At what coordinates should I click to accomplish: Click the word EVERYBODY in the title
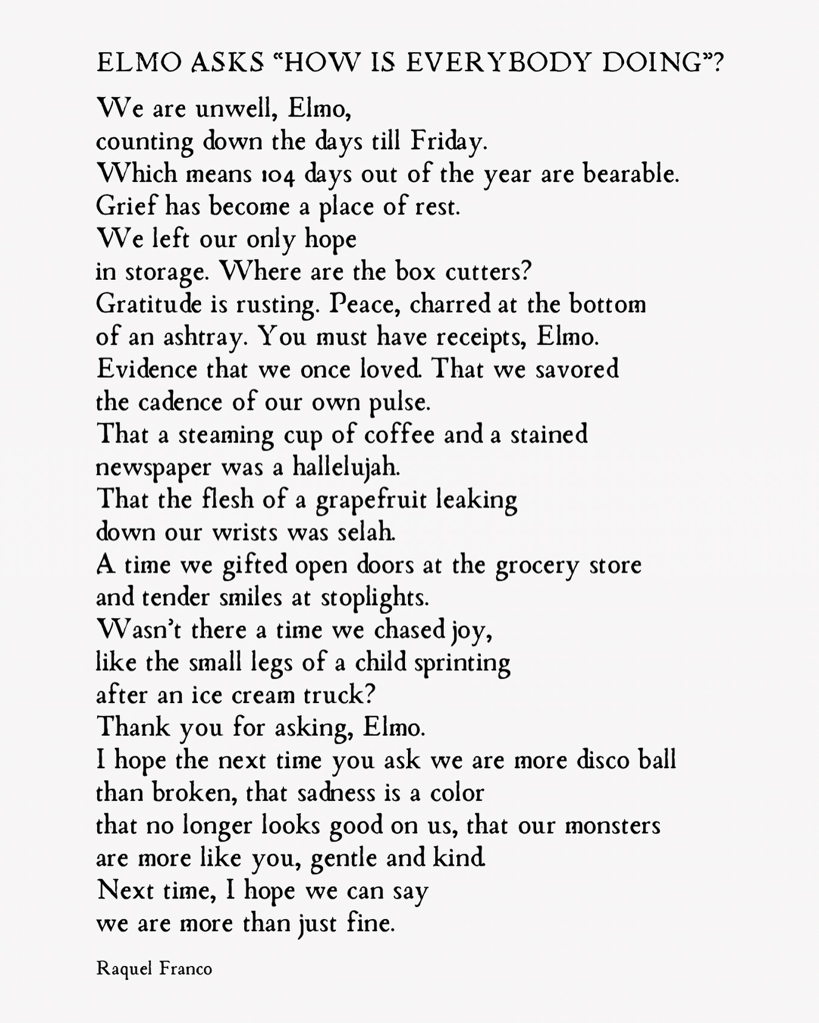point(497,63)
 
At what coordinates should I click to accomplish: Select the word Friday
point(449,142)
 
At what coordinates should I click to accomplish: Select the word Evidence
point(146,370)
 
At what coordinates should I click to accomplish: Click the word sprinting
point(462,663)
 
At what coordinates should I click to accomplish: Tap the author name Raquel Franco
point(154,968)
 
